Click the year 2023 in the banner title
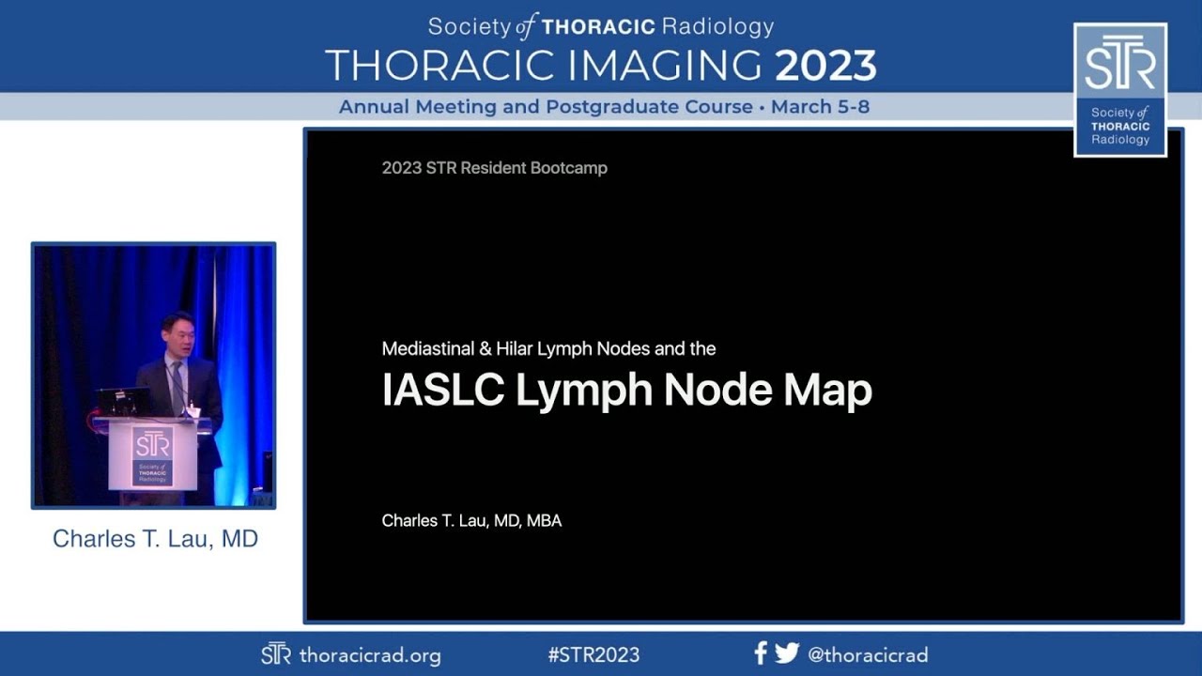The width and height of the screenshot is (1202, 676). click(x=825, y=66)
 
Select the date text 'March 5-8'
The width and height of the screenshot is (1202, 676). click(x=820, y=107)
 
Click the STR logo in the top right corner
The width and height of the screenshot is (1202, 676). click(x=1119, y=89)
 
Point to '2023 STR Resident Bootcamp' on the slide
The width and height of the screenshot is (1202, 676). click(x=494, y=168)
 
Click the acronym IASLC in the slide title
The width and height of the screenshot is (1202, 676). click(x=442, y=391)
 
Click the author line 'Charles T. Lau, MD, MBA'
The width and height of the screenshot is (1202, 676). click(x=471, y=520)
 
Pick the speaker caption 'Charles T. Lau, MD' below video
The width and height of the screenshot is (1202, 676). click(x=155, y=539)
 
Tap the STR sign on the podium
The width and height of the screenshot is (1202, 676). click(x=152, y=455)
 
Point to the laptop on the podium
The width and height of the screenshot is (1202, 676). click(x=123, y=402)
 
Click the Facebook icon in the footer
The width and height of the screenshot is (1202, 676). click(x=761, y=653)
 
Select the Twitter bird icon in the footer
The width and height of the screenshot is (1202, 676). click(x=787, y=653)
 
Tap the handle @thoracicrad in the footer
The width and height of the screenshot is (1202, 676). click(x=868, y=655)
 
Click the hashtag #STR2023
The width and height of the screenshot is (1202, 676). click(x=593, y=655)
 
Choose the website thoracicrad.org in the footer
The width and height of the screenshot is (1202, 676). click(x=369, y=655)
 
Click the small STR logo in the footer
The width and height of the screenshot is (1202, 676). click(x=275, y=654)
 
